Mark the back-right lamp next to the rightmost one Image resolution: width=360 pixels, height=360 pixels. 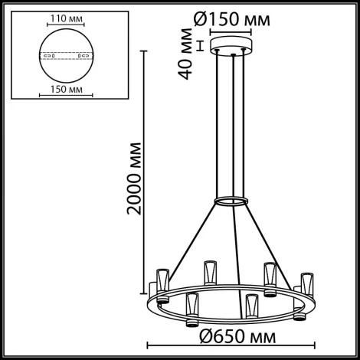(269, 273)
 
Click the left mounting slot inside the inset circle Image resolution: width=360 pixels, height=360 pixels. (44, 55)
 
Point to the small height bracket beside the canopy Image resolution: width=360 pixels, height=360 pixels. (200, 45)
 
